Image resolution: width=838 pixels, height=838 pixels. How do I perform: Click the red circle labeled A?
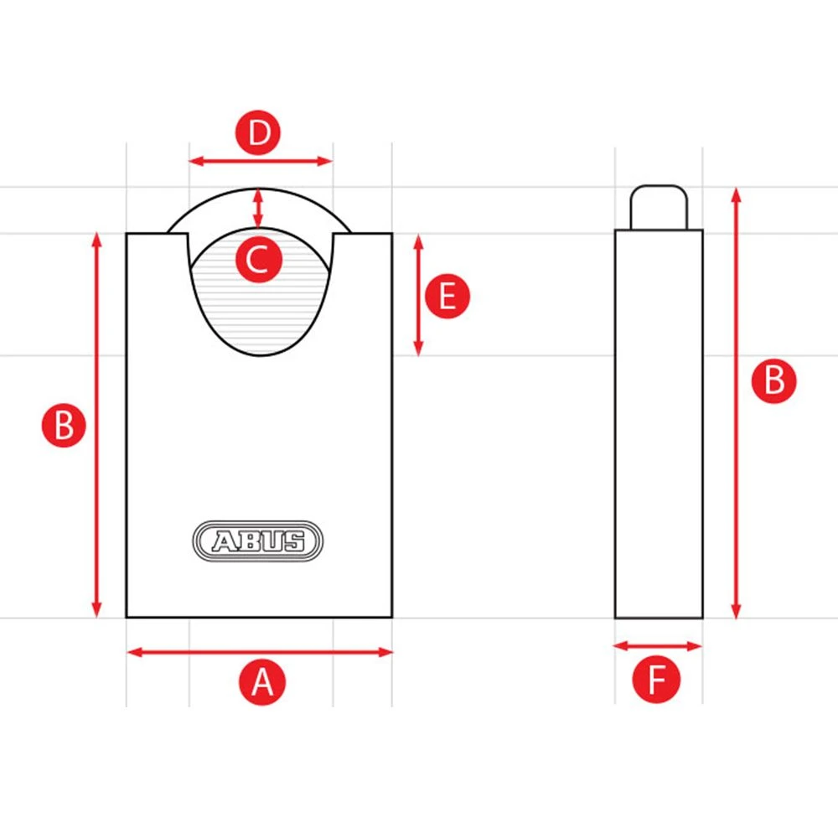tap(263, 682)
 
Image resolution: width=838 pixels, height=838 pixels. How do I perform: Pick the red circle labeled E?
tap(448, 296)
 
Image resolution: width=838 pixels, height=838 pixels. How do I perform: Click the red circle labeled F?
tap(656, 680)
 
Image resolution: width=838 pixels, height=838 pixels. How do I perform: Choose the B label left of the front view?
tap(64, 426)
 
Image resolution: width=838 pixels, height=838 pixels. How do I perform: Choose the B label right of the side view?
tap(773, 381)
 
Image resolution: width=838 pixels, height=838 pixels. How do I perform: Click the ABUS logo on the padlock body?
tap(259, 541)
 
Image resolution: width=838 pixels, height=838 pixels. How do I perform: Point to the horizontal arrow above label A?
tap(260, 651)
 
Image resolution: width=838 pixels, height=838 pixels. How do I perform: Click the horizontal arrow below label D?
tap(261, 161)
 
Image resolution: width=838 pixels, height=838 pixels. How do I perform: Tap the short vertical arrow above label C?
tap(258, 208)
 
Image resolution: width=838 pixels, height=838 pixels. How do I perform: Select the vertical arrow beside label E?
tap(419, 295)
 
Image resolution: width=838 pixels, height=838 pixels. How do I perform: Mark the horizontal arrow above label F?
tap(657, 646)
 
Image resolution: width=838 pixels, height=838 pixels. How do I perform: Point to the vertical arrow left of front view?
tap(97, 426)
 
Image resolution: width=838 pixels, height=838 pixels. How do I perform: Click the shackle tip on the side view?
tap(660, 206)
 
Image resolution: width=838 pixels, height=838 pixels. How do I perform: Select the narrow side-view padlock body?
tap(659, 423)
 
